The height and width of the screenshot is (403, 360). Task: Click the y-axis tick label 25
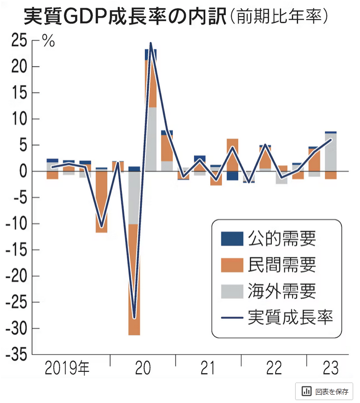click(x=18, y=41)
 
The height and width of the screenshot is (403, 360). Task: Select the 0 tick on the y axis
click(x=21, y=172)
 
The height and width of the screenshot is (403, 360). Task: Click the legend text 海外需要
click(x=282, y=291)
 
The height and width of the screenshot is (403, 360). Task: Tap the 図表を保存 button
click(x=324, y=391)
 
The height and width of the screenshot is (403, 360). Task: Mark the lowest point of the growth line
click(x=134, y=318)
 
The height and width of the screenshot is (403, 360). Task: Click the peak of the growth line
click(x=150, y=44)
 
